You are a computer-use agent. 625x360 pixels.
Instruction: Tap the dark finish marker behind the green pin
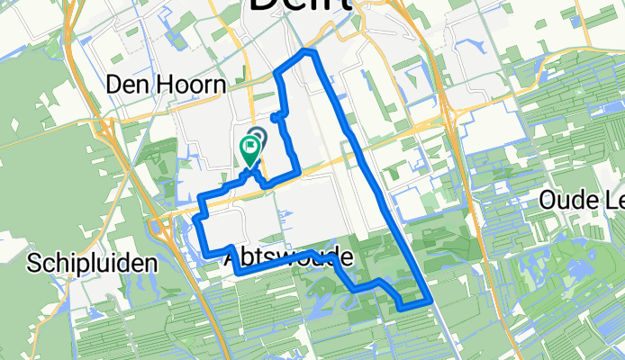point(257,138)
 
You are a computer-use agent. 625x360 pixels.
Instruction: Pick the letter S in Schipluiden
point(35,264)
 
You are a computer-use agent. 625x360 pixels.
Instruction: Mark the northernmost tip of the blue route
point(311,53)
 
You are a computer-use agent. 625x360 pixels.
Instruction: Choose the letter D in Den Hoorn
point(113,85)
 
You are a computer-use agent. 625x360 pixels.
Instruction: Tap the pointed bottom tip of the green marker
point(249,166)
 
